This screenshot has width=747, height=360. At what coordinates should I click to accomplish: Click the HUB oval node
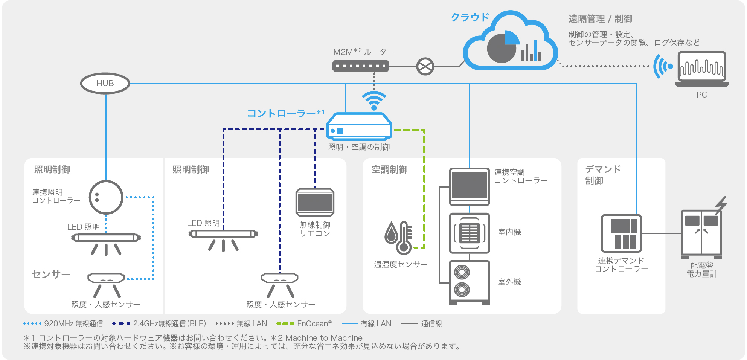(x=105, y=83)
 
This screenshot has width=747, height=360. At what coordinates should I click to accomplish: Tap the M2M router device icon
(x=360, y=66)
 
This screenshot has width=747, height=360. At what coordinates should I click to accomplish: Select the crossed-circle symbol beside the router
(x=425, y=67)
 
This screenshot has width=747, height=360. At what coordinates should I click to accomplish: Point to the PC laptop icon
(x=702, y=69)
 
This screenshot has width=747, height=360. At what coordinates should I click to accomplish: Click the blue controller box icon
(x=359, y=127)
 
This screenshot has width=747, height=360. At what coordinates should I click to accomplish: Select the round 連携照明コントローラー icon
(x=106, y=197)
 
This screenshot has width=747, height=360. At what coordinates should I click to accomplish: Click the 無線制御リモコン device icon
(x=315, y=202)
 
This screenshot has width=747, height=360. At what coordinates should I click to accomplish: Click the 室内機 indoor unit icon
(x=470, y=233)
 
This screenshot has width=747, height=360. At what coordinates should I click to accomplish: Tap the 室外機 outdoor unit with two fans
(x=470, y=282)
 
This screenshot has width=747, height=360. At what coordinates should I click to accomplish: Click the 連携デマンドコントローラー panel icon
(x=621, y=233)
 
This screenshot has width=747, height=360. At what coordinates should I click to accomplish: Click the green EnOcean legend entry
(x=304, y=323)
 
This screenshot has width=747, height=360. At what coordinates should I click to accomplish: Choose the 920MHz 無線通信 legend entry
(x=63, y=323)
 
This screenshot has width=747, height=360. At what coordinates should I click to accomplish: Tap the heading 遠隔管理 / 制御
(x=600, y=19)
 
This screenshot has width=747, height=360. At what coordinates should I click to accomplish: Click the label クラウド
(x=470, y=17)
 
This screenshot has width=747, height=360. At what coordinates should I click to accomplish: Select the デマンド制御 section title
(x=602, y=175)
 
